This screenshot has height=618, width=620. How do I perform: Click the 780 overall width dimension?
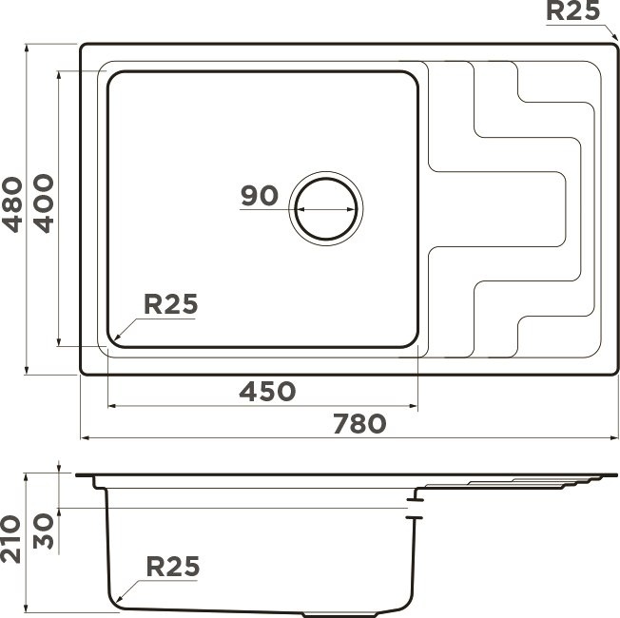[359, 424]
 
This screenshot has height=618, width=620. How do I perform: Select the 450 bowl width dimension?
[266, 391]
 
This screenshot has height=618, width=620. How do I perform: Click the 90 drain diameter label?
[258, 196]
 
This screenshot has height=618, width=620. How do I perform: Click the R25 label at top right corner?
[572, 12]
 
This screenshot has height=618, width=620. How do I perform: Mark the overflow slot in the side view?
[415, 506]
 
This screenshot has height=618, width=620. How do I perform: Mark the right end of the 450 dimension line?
[418, 406]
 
